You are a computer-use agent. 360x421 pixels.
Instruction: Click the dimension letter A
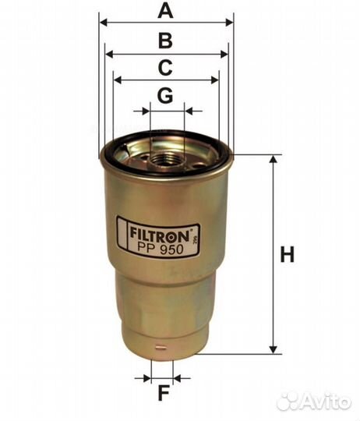pyautogui.click(x=165, y=11)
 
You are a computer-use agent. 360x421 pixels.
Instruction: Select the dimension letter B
pyautogui.click(x=165, y=41)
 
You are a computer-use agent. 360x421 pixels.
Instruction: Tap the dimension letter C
pyautogui.click(x=165, y=67)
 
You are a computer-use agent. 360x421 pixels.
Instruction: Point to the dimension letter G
pyautogui.click(x=164, y=96)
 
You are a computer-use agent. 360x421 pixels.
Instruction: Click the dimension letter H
pyautogui.click(x=288, y=254)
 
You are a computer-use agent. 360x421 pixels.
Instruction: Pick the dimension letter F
pyautogui.click(x=162, y=393)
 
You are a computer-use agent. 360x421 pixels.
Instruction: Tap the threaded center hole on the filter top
pyautogui.click(x=166, y=160)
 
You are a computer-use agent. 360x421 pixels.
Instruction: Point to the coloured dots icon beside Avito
pyautogui.click(x=288, y=401)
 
